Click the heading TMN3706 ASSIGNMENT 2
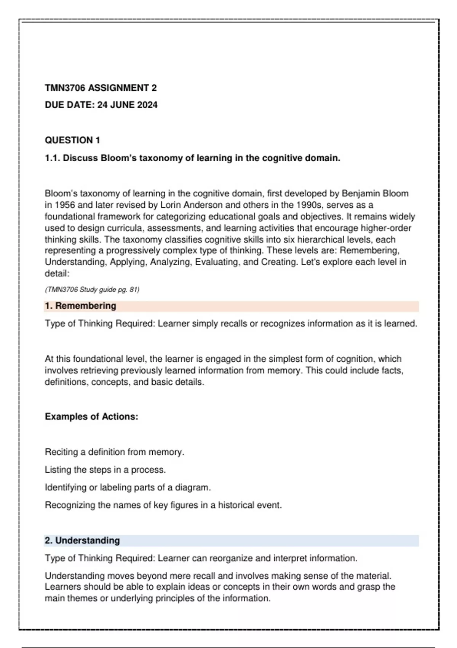coord(101,88)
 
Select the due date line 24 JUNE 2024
coord(101,105)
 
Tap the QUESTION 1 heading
coord(72,140)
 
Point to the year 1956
coord(65,205)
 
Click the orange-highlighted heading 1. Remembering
coord(80,306)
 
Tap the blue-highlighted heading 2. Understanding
coord(82,541)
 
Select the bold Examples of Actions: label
coord(91,417)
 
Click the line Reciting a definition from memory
coord(115,452)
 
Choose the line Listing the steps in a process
coord(105,470)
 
